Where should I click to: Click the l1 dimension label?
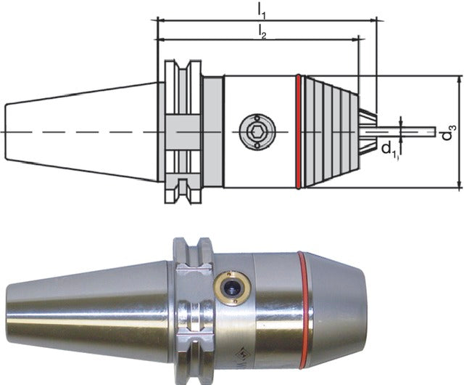coord(261,11)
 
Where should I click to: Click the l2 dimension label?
coord(262,32)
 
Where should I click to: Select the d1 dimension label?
coord(390,149)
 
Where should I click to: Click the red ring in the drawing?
coord(298,131)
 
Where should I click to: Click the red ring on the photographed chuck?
coord(306,310)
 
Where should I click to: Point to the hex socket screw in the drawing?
coord(257,131)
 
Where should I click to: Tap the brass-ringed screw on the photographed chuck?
coord(233,288)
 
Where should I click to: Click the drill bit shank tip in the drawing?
coord(434,131)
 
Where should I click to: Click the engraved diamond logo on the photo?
coord(241,354)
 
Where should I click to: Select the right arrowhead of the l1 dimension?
coord(373,21)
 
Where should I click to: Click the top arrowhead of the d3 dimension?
coord(459,78)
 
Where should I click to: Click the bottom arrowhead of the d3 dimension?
coord(459,185)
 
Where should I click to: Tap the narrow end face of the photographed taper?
coord(8,312)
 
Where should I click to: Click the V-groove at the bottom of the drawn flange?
coord(183,186)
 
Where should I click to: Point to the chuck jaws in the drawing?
coord(368,131)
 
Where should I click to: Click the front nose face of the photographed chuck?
coord(364,310)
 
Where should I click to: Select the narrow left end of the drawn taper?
coord(7,131)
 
